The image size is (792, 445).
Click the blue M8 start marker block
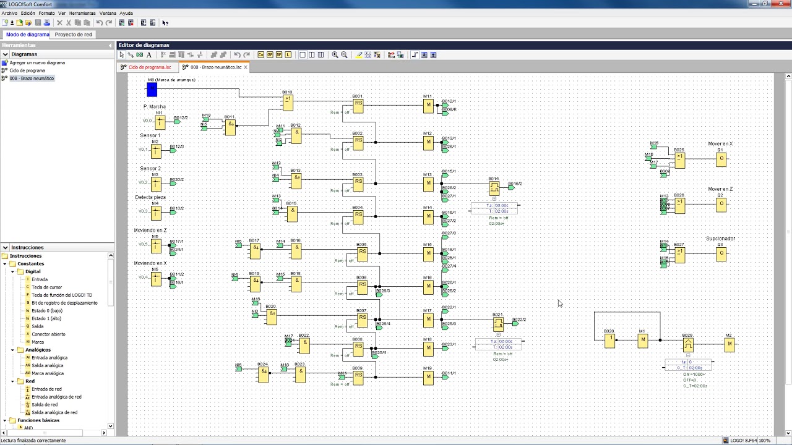[152, 90]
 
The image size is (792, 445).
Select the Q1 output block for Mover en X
[721, 159]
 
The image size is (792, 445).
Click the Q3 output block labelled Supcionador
[721, 253]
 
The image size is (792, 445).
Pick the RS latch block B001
[358, 106]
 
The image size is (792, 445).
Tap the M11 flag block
[428, 106]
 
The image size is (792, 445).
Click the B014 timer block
[494, 188]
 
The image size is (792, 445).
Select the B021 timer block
[498, 324]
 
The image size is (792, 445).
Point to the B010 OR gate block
[288, 102]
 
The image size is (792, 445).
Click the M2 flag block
[730, 344]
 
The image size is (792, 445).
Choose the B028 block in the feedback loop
[610, 340]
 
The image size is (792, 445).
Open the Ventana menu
[108, 13]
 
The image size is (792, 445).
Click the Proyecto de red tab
[73, 35]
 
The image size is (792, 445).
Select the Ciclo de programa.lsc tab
[149, 67]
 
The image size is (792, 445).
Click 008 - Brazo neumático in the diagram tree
[32, 78]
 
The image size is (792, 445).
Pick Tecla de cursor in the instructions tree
[47, 287]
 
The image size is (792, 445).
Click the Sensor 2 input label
[150, 168]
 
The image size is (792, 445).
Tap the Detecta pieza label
[150, 197]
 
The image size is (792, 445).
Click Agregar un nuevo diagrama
[37, 62]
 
